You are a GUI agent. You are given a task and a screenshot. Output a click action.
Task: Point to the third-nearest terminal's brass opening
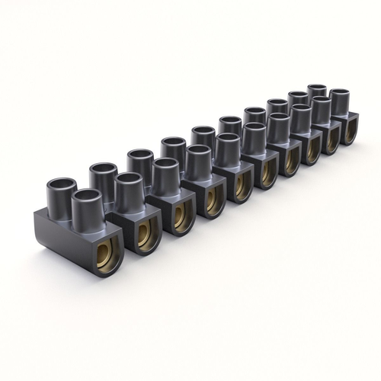pyautogui.click(x=182, y=216)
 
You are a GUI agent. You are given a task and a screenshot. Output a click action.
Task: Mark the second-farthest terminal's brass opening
pyautogui.click(x=332, y=138)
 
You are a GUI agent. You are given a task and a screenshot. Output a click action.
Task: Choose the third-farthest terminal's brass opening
pyautogui.click(x=312, y=148)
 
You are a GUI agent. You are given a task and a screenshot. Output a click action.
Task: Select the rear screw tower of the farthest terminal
pyautogui.click(x=317, y=93)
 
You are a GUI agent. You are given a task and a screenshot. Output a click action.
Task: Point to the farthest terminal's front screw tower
pyautogui.click(x=340, y=101)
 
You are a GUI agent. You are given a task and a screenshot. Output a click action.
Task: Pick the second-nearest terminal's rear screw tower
pyautogui.click(x=103, y=175)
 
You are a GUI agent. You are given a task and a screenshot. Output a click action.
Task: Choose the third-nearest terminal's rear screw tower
pyautogui.click(x=140, y=162)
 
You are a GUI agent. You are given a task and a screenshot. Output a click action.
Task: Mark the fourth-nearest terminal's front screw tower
pyautogui.click(x=198, y=159)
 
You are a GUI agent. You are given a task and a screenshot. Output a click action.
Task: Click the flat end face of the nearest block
pyautogui.click(x=65, y=237)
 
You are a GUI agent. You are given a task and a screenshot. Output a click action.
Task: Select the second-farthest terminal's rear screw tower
pyautogui.click(x=299, y=100)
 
